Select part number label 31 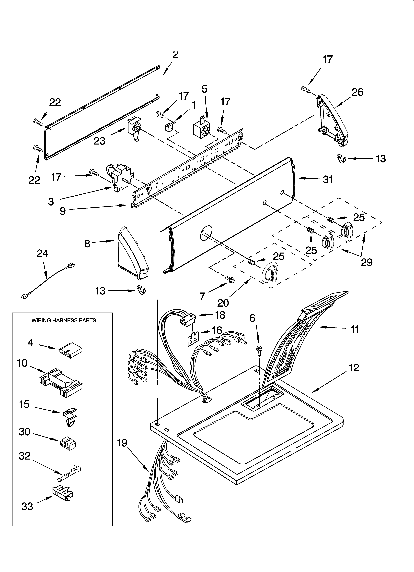coord(328,180)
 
